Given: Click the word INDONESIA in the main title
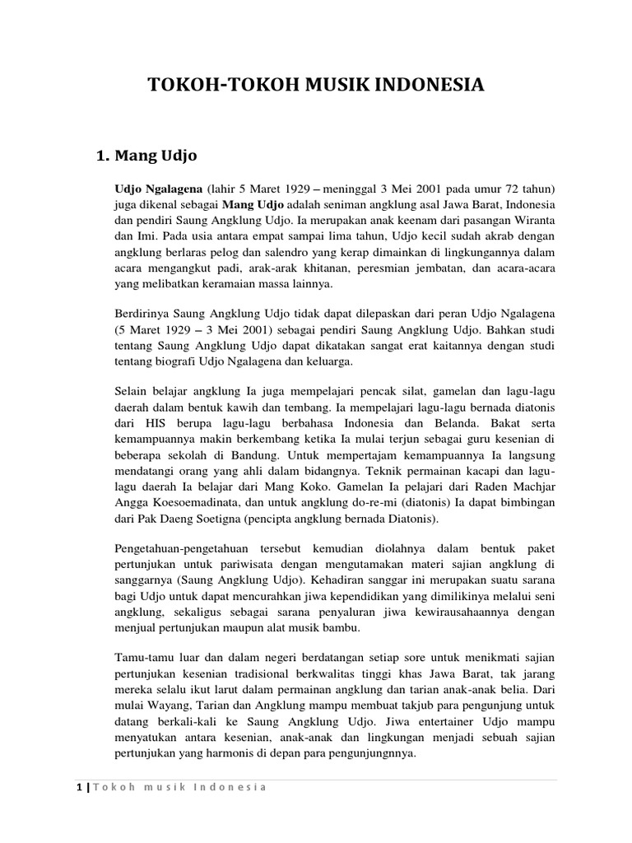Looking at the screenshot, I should pos(428,85).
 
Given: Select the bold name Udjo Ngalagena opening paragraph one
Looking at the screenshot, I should pos(158,188).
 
